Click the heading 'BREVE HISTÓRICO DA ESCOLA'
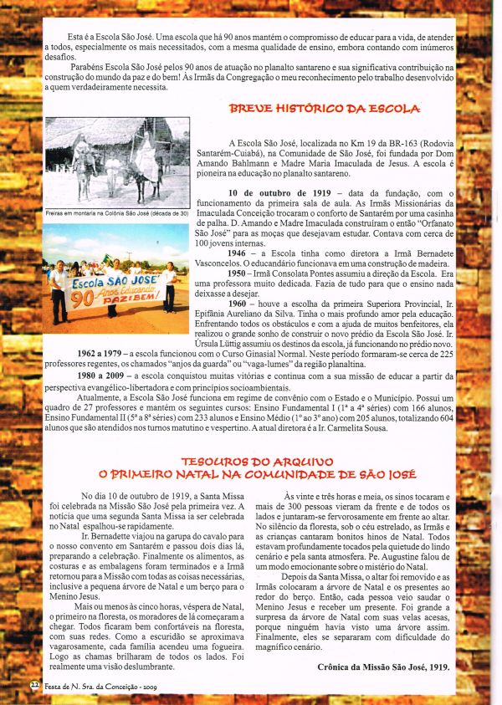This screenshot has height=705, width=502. [x=325, y=109]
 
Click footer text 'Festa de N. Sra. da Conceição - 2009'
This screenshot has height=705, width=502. [x=94, y=686]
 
